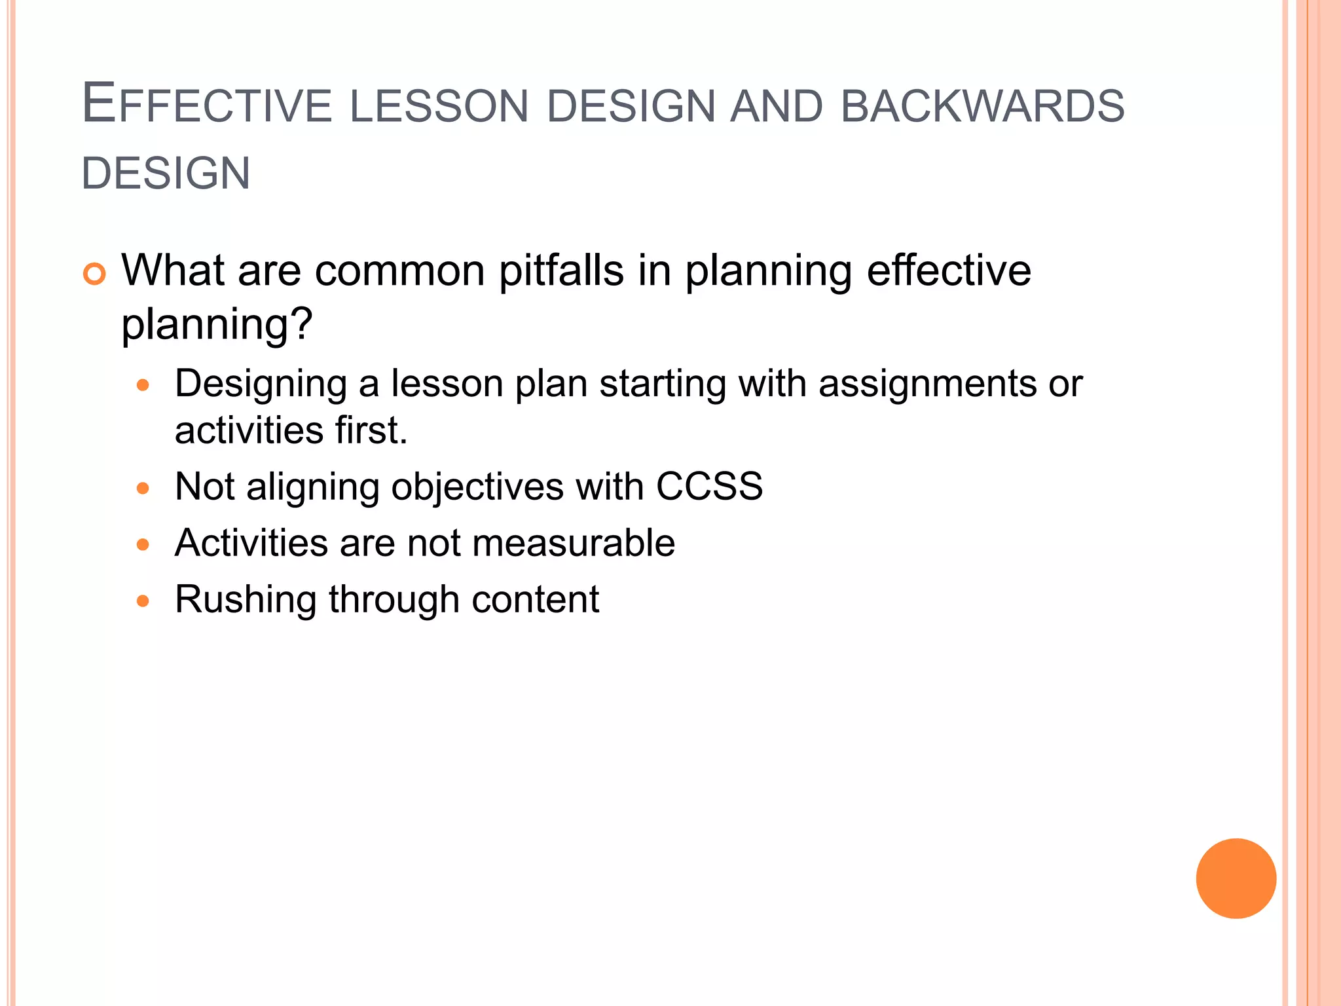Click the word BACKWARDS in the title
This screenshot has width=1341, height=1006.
click(x=982, y=107)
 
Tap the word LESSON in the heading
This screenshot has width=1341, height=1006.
click(x=439, y=107)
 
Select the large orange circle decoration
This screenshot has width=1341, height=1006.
click(x=1236, y=878)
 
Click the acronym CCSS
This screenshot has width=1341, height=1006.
click(x=709, y=487)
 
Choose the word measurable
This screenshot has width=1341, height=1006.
click(x=573, y=543)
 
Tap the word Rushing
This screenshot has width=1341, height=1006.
click(x=246, y=600)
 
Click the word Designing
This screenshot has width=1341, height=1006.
click(x=261, y=384)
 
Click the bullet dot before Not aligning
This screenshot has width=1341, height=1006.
click(x=143, y=488)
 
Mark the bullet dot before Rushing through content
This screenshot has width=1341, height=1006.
click(x=143, y=601)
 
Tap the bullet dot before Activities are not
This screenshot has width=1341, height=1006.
click(x=143, y=544)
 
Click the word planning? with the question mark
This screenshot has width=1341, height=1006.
click(x=217, y=325)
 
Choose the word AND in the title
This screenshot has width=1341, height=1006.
click(x=776, y=107)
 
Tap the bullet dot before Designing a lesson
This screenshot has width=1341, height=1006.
click(x=143, y=384)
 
